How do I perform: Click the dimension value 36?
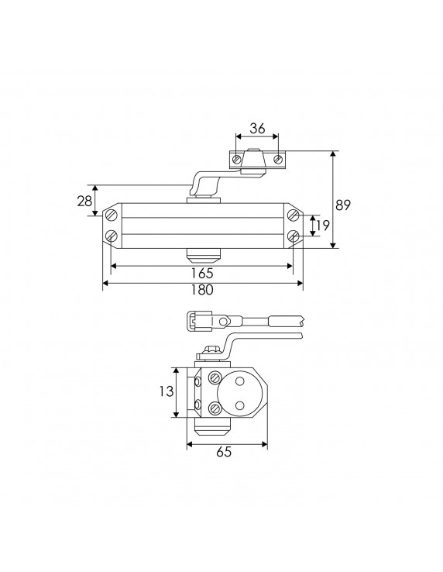point(257,128)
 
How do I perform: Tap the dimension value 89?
point(343,205)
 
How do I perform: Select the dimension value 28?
point(84,201)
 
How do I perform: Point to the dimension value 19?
point(324,225)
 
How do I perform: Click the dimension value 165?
point(201,273)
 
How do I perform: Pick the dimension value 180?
point(201,290)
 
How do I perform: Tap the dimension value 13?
point(167,391)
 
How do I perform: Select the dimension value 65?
point(224,452)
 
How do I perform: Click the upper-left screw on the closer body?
point(112,215)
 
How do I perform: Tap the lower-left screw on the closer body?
point(112,236)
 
